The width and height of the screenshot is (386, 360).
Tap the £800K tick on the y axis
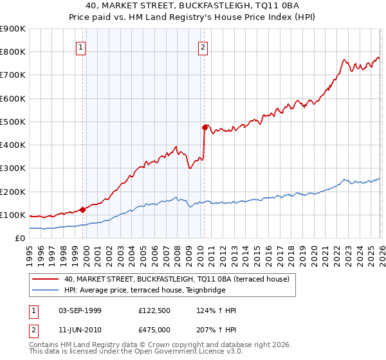coord(13,52)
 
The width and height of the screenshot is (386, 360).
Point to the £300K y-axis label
coord(13,168)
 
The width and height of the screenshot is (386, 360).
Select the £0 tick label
coord(19,239)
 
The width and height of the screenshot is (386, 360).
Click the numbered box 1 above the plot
coord(81,46)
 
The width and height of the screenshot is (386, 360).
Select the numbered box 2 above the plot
coord(203,46)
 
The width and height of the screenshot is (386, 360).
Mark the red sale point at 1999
coord(82,210)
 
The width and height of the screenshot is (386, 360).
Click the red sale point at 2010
coord(205,127)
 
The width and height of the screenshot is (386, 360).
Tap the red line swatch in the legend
coord(45,279)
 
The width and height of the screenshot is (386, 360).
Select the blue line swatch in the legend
coord(45,290)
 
